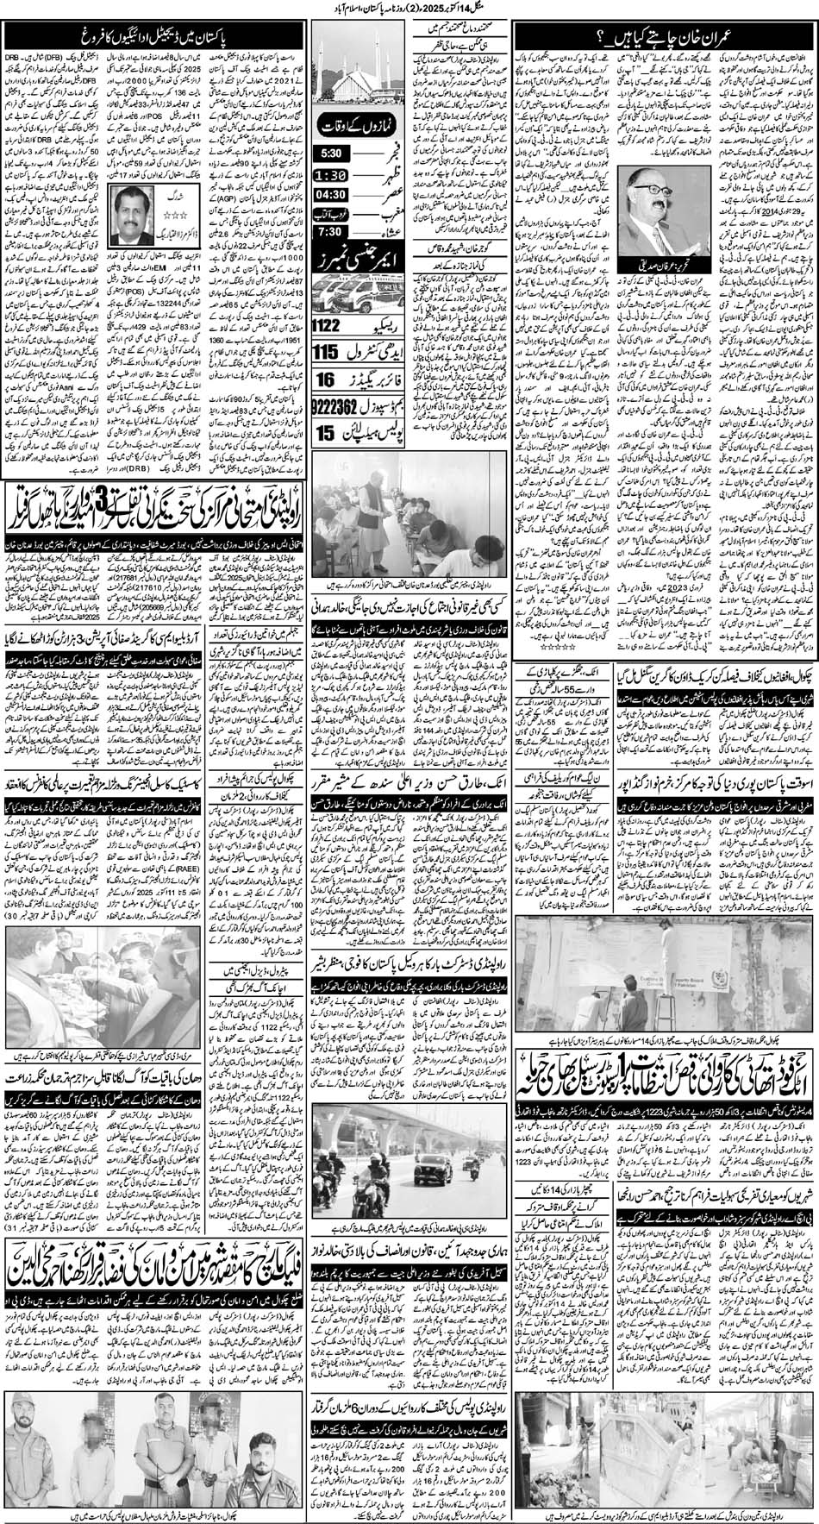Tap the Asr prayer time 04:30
(335, 197)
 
